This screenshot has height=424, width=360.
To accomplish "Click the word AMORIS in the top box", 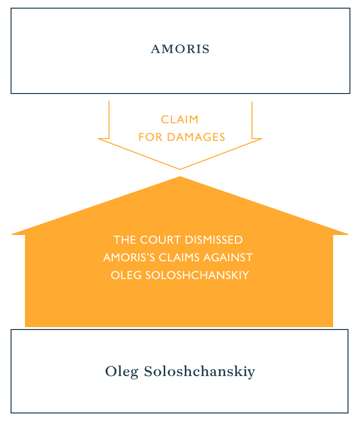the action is click(x=180, y=49).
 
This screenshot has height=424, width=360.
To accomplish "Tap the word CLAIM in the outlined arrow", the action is click(x=180, y=119).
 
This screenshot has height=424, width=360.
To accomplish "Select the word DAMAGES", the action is click(x=196, y=137).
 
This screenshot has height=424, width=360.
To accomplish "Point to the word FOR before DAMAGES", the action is click(x=150, y=137).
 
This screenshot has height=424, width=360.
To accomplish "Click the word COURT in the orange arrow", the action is click(x=160, y=240).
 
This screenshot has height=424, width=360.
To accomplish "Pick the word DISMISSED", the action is click(x=214, y=240).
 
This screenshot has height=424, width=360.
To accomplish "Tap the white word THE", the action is click(x=124, y=240).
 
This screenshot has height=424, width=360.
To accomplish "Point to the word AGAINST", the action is click(x=228, y=258).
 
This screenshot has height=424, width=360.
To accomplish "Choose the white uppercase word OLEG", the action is click(x=126, y=275).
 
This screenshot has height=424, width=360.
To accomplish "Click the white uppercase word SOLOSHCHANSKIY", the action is click(x=197, y=275).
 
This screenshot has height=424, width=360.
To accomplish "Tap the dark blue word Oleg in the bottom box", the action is click(x=121, y=372).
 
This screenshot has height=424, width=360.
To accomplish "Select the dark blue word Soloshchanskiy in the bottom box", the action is click(x=199, y=372).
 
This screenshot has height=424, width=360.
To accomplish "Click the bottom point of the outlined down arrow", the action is click(x=180, y=169).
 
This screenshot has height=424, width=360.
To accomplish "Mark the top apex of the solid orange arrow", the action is click(x=180, y=177).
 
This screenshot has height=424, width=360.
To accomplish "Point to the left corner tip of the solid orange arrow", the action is click(x=12, y=235).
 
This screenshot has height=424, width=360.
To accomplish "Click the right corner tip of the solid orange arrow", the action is click(x=348, y=235).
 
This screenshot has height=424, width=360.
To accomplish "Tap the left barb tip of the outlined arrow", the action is click(x=98, y=139).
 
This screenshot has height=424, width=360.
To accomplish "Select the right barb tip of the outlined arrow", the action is click(x=262, y=139).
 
